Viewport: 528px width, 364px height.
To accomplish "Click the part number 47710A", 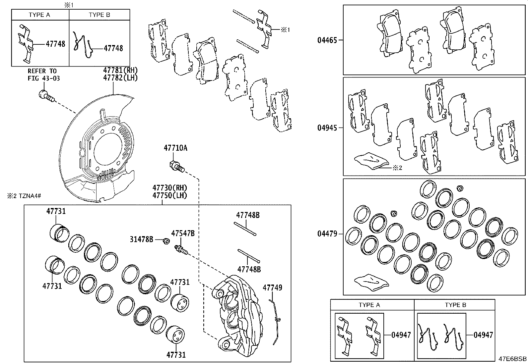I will [x=175, y=148].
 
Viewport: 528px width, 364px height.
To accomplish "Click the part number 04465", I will [x=327, y=40].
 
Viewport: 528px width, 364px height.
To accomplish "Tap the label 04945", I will [x=327, y=128].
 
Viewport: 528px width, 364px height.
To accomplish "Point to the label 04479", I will [x=327, y=234].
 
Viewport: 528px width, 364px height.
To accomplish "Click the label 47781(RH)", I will [x=120, y=70].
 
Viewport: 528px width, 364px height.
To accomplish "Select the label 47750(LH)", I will [x=169, y=195].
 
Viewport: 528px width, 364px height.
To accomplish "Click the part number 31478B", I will [x=141, y=239].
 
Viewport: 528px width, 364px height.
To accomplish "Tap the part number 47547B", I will [x=183, y=233].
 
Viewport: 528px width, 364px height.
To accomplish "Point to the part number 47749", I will [x=272, y=287].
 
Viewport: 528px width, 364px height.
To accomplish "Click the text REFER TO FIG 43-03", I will [x=42, y=75].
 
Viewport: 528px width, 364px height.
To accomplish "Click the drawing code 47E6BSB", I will [x=513, y=358].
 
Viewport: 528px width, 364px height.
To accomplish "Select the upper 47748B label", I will [x=248, y=215].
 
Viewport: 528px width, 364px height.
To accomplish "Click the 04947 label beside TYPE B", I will [x=483, y=335].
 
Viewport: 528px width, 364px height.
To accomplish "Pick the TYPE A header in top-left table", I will [x=39, y=15].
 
